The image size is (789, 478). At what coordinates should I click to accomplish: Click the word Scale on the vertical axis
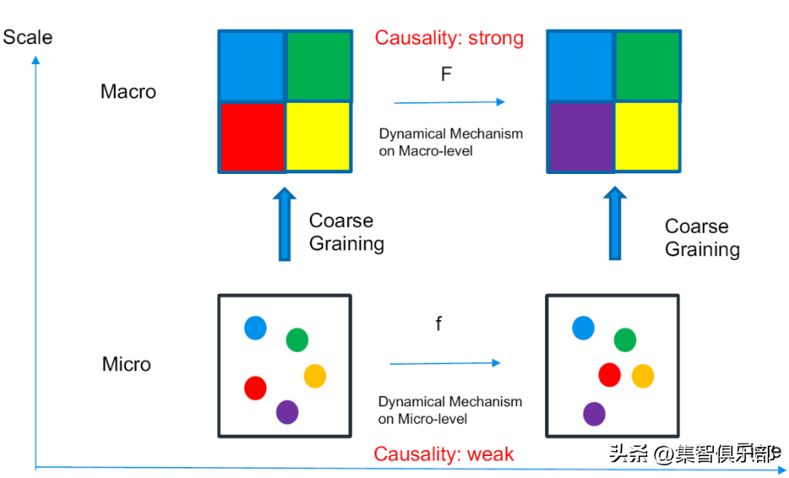pos(28,37)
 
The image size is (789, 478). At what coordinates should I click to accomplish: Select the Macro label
pos(128,91)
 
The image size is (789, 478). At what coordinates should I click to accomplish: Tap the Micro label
pos(127,364)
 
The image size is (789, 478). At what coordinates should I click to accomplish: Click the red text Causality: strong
pos(449,38)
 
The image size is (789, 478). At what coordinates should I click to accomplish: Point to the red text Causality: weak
pos(444,454)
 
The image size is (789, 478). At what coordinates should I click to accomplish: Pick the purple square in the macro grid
pos(581,137)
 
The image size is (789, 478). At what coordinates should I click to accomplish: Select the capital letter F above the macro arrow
pos(446,74)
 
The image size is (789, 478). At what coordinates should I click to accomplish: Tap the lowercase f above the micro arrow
pos(439,324)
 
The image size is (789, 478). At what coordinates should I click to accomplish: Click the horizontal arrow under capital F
pos(449,102)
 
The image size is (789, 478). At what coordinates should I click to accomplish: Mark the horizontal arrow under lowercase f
pos(445,363)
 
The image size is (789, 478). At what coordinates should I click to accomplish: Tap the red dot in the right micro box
pos(609,374)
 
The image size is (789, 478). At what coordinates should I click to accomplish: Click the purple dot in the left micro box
pos(287,412)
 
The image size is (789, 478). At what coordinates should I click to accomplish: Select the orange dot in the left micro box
pos(315,376)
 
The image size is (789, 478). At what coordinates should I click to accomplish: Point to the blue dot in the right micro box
pos(583,328)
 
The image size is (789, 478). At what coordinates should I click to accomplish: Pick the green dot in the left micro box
pos(297,339)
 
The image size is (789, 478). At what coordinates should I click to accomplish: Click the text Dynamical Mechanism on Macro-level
pos(451,142)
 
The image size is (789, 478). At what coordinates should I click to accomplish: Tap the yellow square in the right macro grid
pos(647,137)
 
